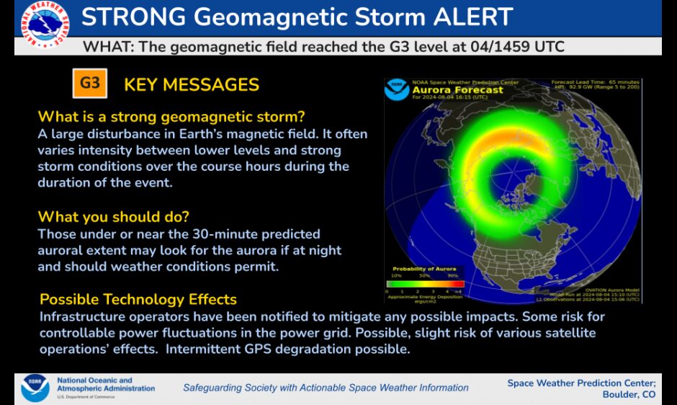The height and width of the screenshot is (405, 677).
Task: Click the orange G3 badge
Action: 90,84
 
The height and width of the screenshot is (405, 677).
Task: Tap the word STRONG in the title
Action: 137,17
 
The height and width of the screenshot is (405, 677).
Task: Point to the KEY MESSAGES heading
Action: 192,84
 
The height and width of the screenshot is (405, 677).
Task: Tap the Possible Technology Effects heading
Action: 138,299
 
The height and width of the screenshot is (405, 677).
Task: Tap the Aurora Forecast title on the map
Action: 447,90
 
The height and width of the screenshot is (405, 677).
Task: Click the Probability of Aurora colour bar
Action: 425,284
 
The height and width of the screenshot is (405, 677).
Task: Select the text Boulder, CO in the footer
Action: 629,394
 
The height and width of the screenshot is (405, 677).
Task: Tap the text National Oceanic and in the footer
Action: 94,380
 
